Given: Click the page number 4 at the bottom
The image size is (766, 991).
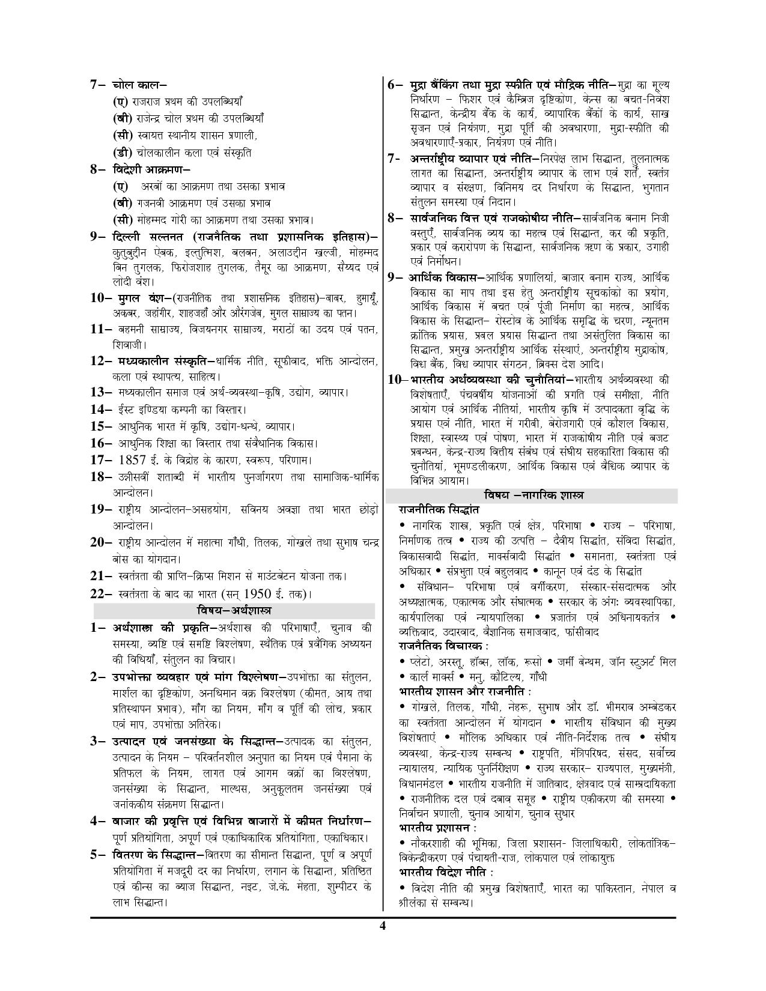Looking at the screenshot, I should pos(382,925).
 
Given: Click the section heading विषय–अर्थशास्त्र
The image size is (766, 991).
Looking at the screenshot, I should pos(234,611).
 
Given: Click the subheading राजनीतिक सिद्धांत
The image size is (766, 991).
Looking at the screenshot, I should pos(439,509).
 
